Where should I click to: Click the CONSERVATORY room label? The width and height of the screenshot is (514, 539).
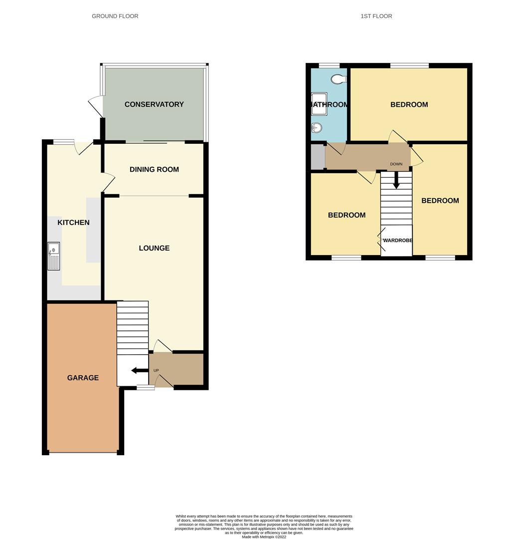pyautogui.click(x=154, y=104)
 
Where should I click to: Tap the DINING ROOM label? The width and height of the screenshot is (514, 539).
pyautogui.click(x=154, y=169)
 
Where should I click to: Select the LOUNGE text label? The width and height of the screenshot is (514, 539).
pyautogui.click(x=154, y=248)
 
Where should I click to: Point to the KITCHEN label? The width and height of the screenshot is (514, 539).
pyautogui.click(x=74, y=222)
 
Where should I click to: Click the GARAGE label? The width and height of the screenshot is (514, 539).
pyautogui.click(x=83, y=378)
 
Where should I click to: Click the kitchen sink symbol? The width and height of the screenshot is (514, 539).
pyautogui.click(x=53, y=256)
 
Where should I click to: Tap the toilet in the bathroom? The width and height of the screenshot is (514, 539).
pyautogui.click(x=340, y=79)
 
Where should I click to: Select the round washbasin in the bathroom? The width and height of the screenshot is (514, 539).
pyautogui.click(x=316, y=128)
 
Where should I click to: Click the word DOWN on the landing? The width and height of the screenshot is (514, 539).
pyautogui.click(x=396, y=164)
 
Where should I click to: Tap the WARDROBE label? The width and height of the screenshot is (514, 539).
pyautogui.click(x=397, y=241)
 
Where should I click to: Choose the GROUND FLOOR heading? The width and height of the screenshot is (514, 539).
pyautogui.click(x=115, y=16)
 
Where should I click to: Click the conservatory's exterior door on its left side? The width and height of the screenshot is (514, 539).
pyautogui.click(x=95, y=106)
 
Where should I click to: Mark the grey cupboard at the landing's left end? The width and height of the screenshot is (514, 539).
pyautogui.click(x=318, y=157)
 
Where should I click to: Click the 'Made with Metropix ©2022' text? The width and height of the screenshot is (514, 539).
pyautogui.click(x=264, y=537)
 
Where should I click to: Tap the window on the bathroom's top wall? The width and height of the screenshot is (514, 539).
pyautogui.click(x=329, y=65)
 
